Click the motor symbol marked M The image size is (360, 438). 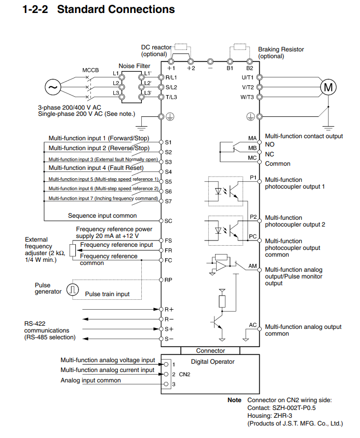[x=328, y=87]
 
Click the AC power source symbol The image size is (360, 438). [x=53, y=87]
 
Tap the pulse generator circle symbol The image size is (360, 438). [x=73, y=289]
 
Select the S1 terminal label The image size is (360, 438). [x=168, y=142]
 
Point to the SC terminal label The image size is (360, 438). [x=168, y=221]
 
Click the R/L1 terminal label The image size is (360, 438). [x=171, y=77]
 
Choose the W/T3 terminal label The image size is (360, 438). [x=247, y=97]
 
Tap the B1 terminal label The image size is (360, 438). [x=230, y=68]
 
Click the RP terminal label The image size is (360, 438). [x=168, y=280]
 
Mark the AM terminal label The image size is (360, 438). [x=252, y=266]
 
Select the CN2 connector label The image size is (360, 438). [x=184, y=374]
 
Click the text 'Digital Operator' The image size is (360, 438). [x=213, y=362]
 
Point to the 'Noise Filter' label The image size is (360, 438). [x=135, y=66]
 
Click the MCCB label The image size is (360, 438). [x=90, y=70]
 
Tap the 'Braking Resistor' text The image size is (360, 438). [x=281, y=49]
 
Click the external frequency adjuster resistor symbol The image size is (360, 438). [x=73, y=250]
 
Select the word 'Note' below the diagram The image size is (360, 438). [x=234, y=400]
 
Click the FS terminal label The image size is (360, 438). [x=168, y=241]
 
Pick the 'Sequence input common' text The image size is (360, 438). [x=102, y=216]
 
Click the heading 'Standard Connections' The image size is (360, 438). [x=116, y=9]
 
